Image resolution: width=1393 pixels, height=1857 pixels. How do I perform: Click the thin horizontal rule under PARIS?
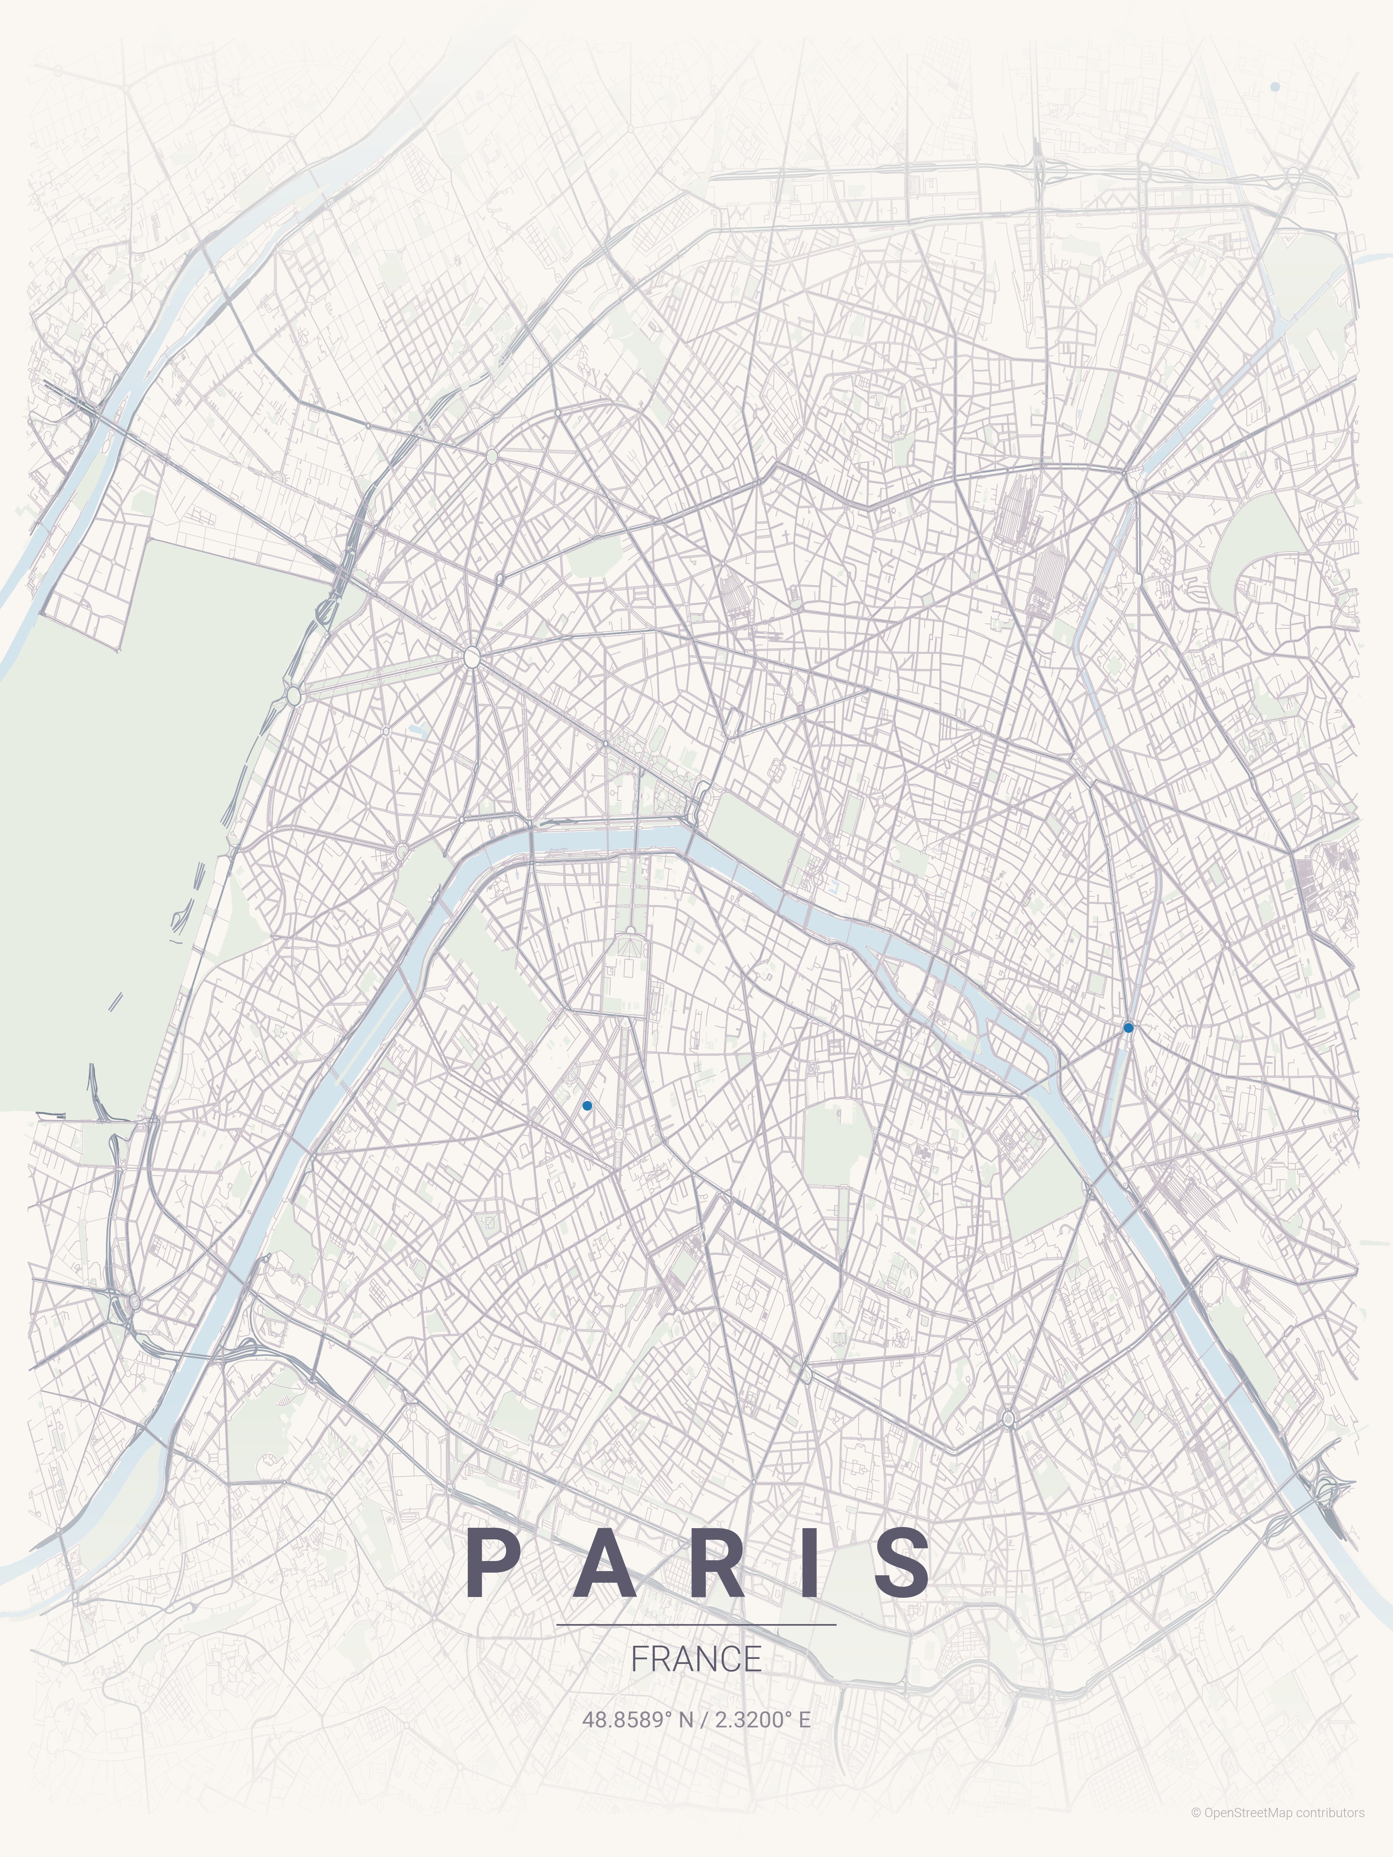point(696,1624)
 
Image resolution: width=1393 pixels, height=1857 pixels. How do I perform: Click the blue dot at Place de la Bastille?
point(1128,1028)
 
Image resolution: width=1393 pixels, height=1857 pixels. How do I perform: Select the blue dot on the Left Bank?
point(587,1106)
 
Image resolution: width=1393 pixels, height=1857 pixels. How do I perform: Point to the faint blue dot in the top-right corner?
point(1275,87)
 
